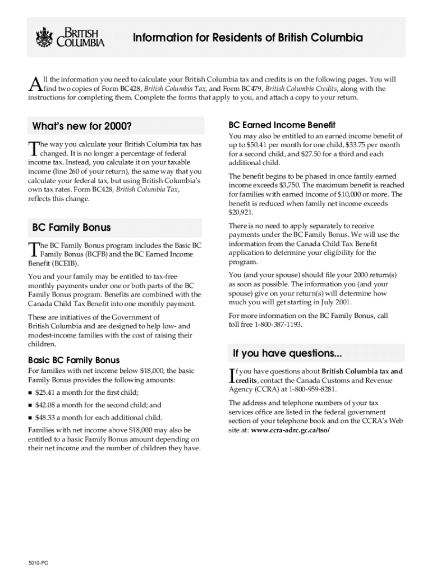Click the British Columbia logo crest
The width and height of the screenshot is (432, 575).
click(44, 38)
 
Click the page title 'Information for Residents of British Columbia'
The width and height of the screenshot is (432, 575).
click(247, 38)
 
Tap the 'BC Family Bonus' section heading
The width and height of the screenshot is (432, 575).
click(71, 227)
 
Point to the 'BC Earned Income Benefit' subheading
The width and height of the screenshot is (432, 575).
click(282, 125)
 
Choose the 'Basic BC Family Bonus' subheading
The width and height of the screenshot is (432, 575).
click(73, 360)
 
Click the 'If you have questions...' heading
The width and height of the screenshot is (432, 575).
click(287, 353)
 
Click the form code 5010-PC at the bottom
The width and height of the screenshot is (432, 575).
click(39, 562)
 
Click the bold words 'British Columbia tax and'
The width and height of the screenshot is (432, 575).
click(361, 371)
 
